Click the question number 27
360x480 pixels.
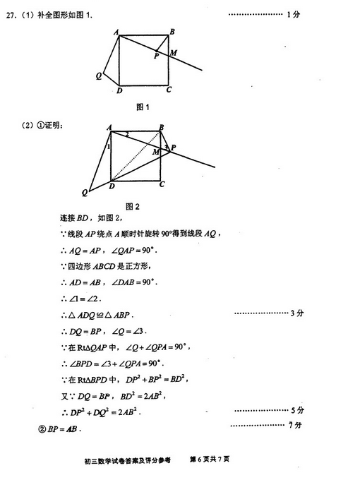11,14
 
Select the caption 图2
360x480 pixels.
132,207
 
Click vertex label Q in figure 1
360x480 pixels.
99,75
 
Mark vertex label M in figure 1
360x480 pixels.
173,54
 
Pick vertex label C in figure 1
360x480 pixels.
169,90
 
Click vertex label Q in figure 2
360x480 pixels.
85,192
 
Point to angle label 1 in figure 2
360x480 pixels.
109,147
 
